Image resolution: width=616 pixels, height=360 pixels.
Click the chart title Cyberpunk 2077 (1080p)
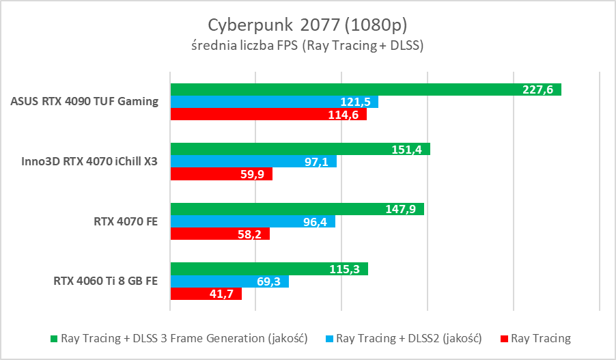(307, 25)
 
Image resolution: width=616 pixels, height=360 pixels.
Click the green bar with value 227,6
(365, 89)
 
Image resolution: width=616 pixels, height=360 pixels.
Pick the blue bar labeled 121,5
(274, 102)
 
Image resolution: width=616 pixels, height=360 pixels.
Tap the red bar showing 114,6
(268, 114)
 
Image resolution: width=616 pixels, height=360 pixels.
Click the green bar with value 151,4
(300, 149)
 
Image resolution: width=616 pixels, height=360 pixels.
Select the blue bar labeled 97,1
(253, 162)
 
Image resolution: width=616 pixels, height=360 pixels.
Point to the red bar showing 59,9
(221, 174)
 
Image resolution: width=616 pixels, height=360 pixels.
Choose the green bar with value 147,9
(297, 208)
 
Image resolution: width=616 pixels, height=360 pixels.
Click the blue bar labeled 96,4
(253, 221)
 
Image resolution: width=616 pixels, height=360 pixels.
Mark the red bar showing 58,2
(220, 234)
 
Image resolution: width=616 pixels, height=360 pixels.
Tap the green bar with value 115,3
(269, 268)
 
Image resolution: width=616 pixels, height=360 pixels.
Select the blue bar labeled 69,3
(229, 281)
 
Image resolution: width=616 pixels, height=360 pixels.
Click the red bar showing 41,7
(206, 294)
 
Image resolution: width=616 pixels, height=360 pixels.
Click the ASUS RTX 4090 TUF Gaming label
(85, 102)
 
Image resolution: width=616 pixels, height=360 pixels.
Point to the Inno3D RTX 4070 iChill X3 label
(91, 162)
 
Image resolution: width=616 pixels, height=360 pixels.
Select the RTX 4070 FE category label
(128, 221)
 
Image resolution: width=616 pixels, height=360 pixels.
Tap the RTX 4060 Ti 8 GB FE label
(106, 281)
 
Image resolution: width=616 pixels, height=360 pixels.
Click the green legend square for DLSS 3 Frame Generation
(55, 339)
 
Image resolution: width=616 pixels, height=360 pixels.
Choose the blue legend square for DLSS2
(330, 339)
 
